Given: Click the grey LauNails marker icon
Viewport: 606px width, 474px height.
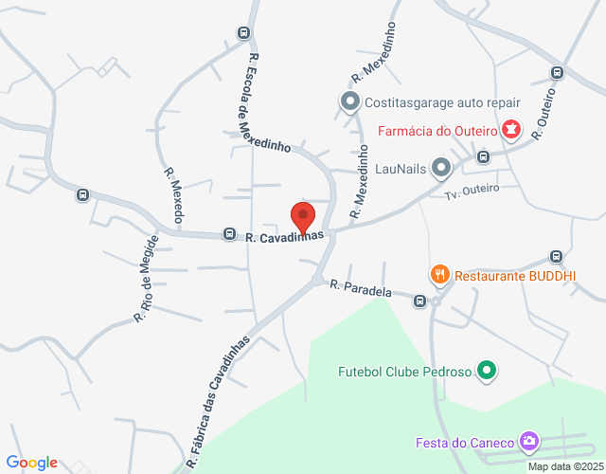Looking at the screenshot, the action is click(x=441, y=169).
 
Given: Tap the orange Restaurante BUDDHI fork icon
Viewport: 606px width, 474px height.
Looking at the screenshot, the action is click(x=439, y=276).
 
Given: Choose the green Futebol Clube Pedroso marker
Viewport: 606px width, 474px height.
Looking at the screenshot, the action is click(x=487, y=371).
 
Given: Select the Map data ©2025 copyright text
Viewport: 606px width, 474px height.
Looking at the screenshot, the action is click(x=564, y=466).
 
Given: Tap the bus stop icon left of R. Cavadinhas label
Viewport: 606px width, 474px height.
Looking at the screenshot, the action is click(x=229, y=233).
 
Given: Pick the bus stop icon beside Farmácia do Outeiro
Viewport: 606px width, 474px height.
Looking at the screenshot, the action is click(x=483, y=156).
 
